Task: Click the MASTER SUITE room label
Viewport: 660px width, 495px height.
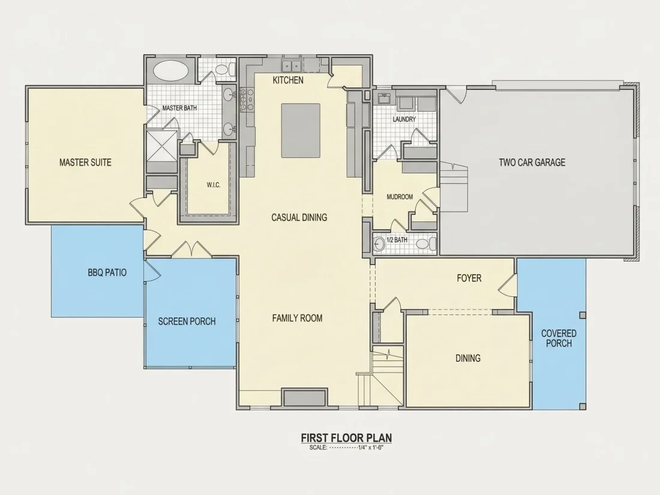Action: pyautogui.click(x=85, y=163)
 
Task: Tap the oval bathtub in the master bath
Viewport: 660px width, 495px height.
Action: pyautogui.click(x=170, y=70)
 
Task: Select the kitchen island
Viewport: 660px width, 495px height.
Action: pyautogui.click(x=301, y=130)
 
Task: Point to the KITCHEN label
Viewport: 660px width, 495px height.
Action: pyautogui.click(x=288, y=80)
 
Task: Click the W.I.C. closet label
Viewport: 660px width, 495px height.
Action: pyautogui.click(x=214, y=185)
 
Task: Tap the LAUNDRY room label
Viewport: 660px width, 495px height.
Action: pyautogui.click(x=404, y=119)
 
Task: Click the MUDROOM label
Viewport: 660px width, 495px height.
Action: pyautogui.click(x=400, y=197)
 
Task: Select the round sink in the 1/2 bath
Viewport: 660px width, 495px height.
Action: pyautogui.click(x=379, y=244)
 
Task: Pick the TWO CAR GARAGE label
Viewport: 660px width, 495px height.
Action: pyautogui.click(x=532, y=163)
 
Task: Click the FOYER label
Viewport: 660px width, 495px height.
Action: pyautogui.click(x=469, y=278)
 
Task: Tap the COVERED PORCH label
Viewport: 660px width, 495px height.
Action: pyautogui.click(x=559, y=338)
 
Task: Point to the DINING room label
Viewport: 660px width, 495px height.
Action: pyautogui.click(x=468, y=358)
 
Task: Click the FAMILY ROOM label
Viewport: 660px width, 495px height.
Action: pyautogui.click(x=297, y=318)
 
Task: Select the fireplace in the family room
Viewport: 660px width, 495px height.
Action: pyautogui.click(x=304, y=398)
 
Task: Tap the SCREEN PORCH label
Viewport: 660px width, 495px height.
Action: pyautogui.click(x=187, y=322)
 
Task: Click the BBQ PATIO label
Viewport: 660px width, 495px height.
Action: pyautogui.click(x=107, y=272)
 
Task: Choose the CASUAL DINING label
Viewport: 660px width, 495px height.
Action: pyautogui.click(x=299, y=217)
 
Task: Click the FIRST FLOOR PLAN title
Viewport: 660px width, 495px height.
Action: pyautogui.click(x=346, y=438)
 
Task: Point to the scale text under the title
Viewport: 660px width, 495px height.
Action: pyautogui.click(x=346, y=448)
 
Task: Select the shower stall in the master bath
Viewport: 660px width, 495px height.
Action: pyautogui.click(x=161, y=146)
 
